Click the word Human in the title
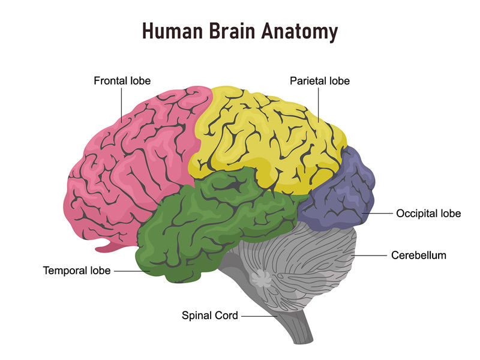coord(173,31)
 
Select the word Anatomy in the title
coord(299,32)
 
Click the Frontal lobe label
coord(122,81)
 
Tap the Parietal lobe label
coord(320,81)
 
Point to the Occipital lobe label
coord(428,214)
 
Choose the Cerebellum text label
coord(418,256)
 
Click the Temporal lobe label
coord(77,271)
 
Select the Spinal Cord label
coord(209,316)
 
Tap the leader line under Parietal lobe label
coord(319,104)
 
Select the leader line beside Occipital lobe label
coord(377,213)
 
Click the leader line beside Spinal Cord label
coord(259,316)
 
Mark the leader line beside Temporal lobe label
coord(132,271)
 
